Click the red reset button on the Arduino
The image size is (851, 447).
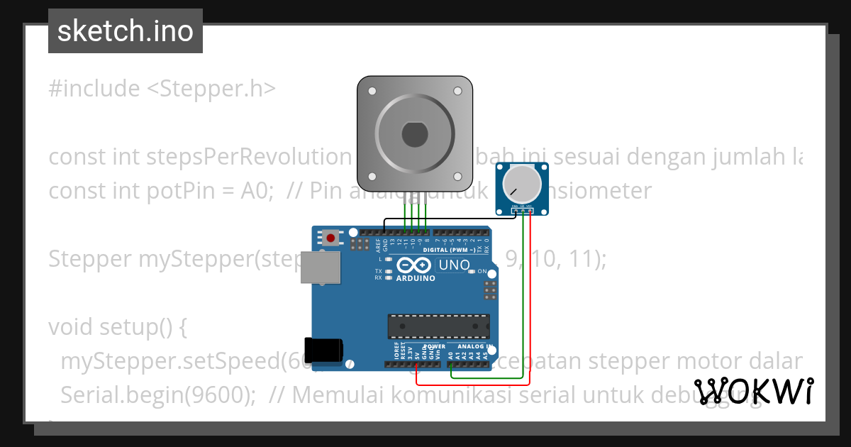[330, 237]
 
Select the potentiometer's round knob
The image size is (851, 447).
[521, 182]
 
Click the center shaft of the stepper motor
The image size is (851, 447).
[414, 133]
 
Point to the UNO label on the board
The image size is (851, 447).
[454, 265]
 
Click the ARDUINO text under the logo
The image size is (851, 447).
[416, 278]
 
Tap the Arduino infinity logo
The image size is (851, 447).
[414, 265]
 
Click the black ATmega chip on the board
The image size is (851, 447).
[438, 326]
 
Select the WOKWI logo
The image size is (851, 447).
[754, 391]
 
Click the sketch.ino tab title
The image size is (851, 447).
[126, 31]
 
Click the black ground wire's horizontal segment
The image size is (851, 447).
[447, 219]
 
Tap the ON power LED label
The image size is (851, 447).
[482, 272]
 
